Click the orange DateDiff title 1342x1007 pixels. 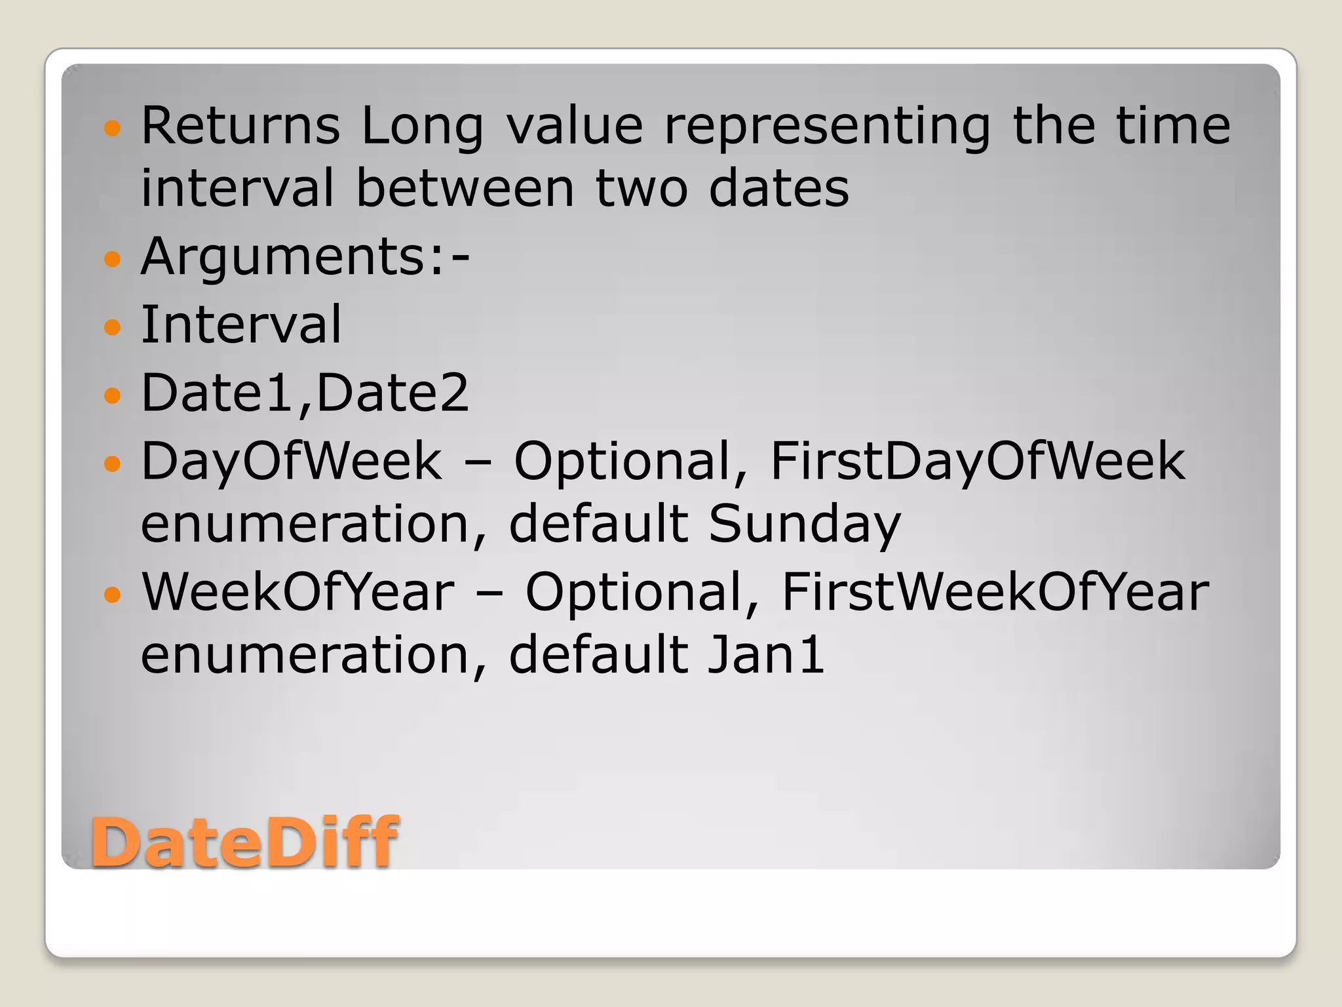[244, 842]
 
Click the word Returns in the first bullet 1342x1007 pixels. [240, 126]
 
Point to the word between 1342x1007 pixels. [465, 189]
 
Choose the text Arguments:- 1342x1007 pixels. [305, 256]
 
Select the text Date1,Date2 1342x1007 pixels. [305, 393]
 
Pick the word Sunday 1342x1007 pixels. [805, 524]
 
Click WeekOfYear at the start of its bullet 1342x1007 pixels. [298, 592]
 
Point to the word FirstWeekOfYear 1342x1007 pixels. [995, 592]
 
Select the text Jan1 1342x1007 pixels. [766, 655]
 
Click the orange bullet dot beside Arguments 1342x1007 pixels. [113, 258]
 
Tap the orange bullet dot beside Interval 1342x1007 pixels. [113, 326]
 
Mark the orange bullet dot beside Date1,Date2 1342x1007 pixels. [113, 395]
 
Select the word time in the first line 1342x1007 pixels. [1173, 126]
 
